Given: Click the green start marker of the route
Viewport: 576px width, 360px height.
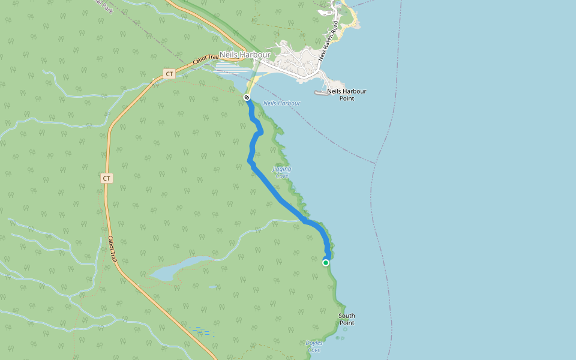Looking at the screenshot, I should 326,262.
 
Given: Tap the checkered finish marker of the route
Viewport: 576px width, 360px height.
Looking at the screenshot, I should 247,97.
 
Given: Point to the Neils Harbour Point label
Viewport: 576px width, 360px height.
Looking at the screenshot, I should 346,94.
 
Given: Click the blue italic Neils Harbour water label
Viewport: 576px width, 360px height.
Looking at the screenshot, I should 281,103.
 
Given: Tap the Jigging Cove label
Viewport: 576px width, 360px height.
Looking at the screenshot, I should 281,173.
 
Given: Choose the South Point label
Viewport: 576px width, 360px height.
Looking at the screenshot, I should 347,319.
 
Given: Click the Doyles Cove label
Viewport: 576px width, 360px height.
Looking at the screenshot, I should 313,346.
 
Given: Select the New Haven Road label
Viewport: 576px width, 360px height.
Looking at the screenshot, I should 329,41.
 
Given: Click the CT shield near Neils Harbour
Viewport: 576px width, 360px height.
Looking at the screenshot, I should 169,74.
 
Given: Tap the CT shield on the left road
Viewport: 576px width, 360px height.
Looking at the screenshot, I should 106,178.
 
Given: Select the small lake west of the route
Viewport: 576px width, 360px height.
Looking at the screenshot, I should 174,269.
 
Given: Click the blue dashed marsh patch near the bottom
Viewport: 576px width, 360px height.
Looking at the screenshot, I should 202,331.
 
